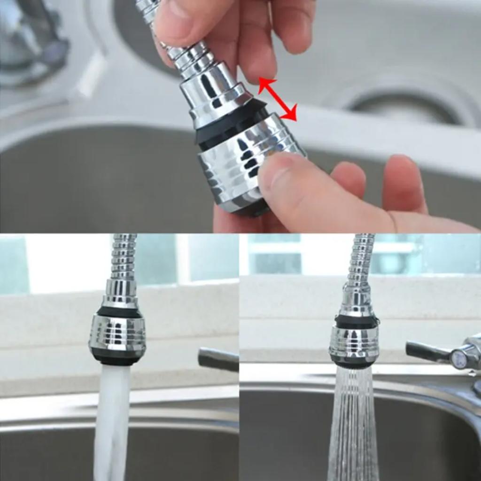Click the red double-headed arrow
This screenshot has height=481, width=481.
(x=277, y=99)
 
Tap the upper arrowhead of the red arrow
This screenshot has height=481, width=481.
(x=265, y=85)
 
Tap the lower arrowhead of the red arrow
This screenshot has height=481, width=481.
(x=291, y=115)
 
